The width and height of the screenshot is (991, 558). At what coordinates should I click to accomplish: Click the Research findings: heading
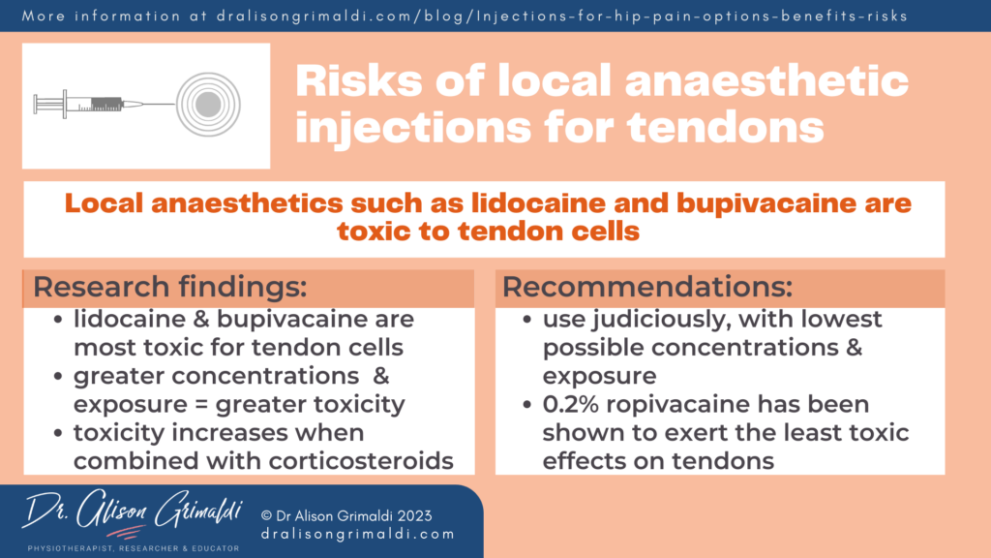tap(170, 288)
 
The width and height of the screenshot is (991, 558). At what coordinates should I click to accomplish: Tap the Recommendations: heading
tap(646, 288)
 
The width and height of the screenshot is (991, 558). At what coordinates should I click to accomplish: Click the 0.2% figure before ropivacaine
tap(574, 404)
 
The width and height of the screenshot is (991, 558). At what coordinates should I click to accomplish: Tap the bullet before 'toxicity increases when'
tap(62, 432)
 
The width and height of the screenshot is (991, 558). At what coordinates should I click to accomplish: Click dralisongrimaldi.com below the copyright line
tap(357, 534)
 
